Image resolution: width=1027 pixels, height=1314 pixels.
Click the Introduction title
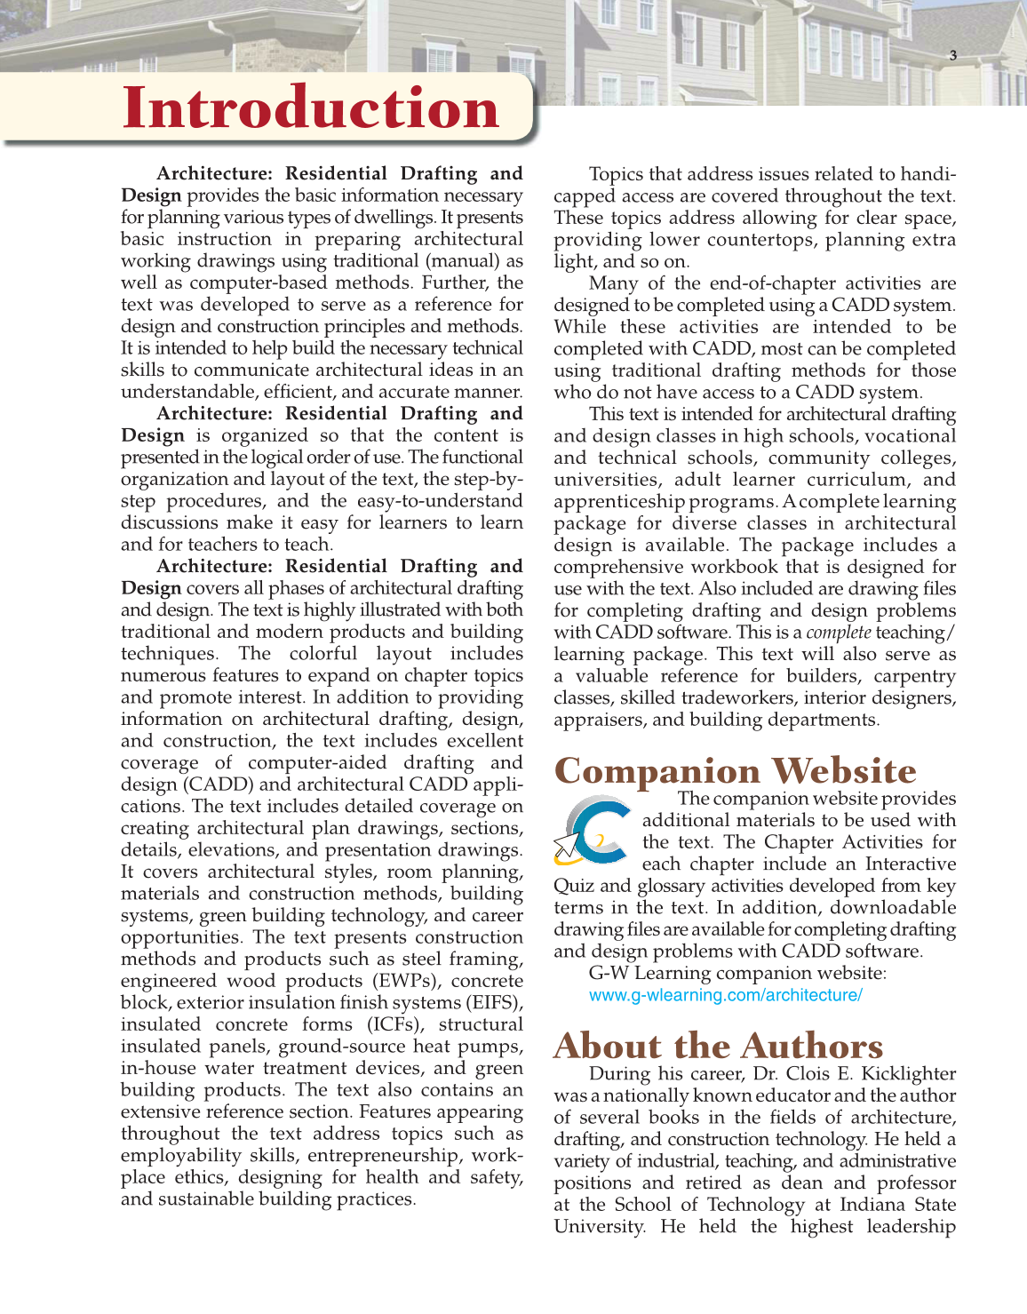(310, 108)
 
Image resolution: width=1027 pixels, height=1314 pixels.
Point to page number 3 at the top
(953, 55)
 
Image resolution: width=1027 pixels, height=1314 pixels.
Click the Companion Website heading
(735, 770)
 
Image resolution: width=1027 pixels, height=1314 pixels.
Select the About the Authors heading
(718, 1046)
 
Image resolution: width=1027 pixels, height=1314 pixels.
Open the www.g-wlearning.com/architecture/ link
(725, 995)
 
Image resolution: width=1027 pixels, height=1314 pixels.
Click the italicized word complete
(838, 633)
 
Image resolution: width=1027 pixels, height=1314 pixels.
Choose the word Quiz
(573, 886)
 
